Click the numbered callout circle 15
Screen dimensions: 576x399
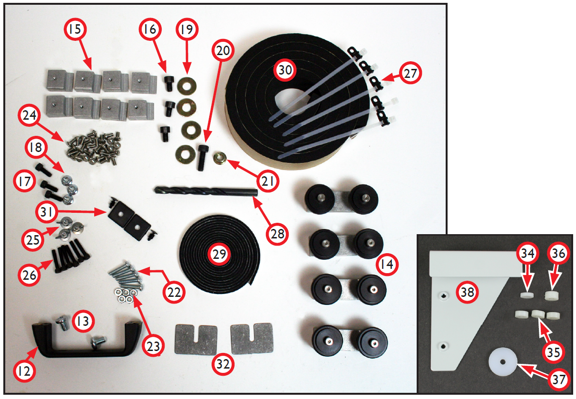75,29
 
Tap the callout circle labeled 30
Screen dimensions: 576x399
285,70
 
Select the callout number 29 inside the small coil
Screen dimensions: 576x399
219,254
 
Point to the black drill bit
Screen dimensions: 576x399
206,191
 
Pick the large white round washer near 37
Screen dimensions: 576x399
503,362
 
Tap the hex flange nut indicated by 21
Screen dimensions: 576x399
220,159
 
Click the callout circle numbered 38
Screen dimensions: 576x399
467,292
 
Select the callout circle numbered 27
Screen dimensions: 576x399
410,73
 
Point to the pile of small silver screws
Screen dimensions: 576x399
94,147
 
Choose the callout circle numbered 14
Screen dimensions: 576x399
387,265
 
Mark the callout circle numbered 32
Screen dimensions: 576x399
223,364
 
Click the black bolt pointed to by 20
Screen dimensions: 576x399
202,157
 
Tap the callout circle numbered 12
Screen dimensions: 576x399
24,371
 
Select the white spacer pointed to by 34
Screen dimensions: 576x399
527,295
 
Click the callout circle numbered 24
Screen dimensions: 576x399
29,115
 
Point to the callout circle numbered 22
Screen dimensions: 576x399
174,293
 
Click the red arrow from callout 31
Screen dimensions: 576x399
81,212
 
